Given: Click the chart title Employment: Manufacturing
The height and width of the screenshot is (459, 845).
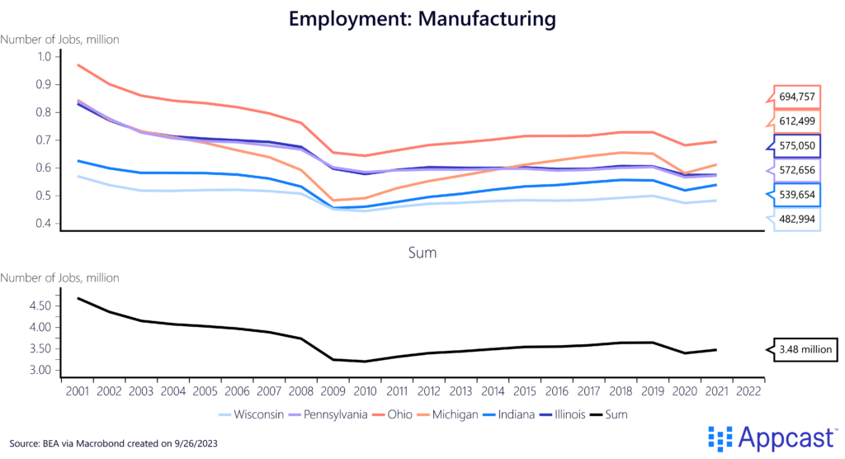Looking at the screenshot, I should (422, 17).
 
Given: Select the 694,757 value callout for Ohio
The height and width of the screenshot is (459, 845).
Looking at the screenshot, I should (798, 97).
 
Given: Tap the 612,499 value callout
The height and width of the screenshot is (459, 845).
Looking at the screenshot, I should (798, 121).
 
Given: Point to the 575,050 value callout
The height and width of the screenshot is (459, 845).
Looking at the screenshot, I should (798, 145).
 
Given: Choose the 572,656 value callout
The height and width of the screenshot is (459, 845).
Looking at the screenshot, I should (798, 170).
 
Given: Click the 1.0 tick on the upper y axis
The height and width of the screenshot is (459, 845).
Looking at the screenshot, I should (45, 56).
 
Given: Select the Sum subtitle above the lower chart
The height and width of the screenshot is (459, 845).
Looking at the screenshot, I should (422, 253).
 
